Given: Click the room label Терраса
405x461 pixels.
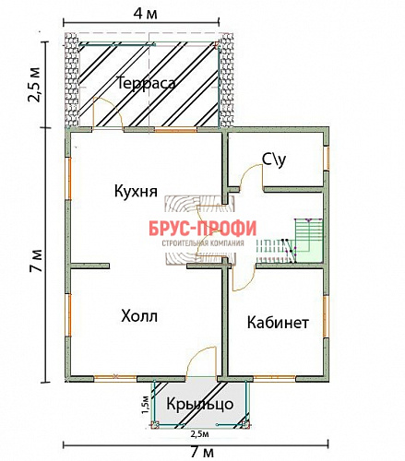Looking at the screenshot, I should pos(146,82).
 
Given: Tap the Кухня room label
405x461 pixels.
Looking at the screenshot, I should pos(134,191).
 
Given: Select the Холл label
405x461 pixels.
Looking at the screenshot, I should pos(139,316).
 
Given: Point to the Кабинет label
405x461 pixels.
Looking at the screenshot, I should pos(277,323).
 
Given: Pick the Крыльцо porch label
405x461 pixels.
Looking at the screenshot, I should pos(199,404).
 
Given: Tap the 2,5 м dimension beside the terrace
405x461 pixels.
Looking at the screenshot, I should pos(34,83).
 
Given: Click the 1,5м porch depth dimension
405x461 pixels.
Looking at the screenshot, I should pos(146,403).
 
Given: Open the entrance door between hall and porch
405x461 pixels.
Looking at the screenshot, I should pos(201,364).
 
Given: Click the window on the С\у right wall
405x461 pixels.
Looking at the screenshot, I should pos(326,159).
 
